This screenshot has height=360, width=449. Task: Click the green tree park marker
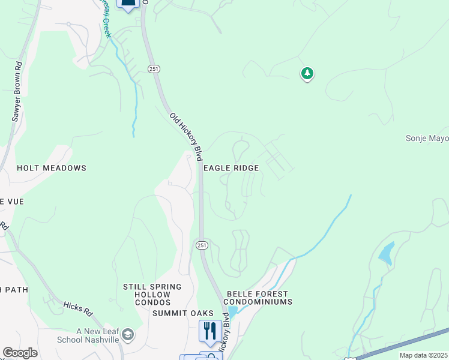click(307, 74)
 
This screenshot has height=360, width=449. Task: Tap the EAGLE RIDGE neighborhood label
click(231, 169)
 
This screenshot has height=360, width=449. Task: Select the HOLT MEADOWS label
click(52, 169)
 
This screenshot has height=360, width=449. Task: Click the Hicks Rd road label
click(79, 308)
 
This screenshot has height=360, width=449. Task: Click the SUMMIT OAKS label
click(182, 314)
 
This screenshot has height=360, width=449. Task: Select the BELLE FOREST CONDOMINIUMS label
click(259, 298)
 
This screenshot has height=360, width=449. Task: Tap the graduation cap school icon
click(127, 334)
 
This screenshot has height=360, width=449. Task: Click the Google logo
click(20, 353)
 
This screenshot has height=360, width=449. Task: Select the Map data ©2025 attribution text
click(424, 355)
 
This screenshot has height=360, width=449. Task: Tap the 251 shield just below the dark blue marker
click(154, 69)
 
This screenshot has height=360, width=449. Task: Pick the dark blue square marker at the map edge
click(128, 4)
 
